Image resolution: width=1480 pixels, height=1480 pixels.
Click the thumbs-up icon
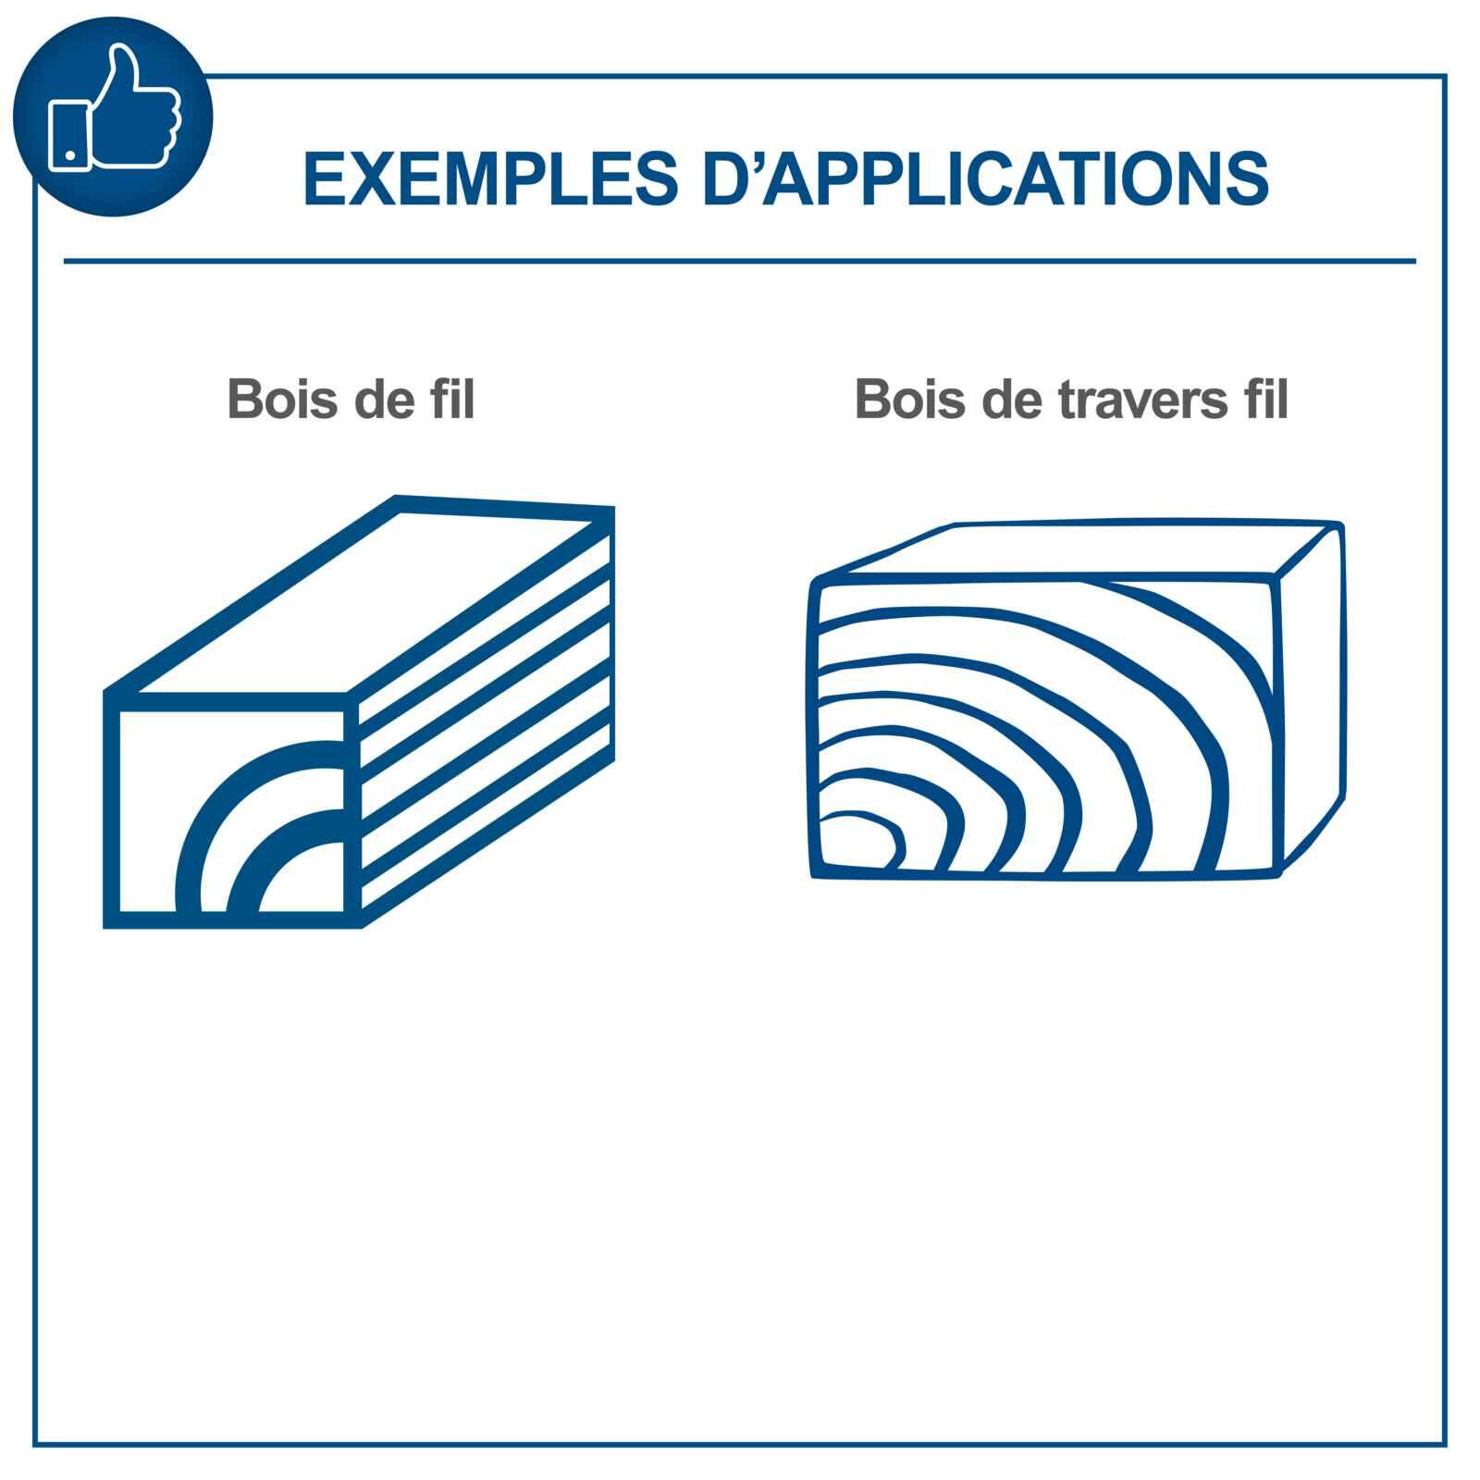113,117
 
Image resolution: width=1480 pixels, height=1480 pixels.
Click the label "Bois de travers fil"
1071,400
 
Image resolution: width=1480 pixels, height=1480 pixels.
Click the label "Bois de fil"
351,400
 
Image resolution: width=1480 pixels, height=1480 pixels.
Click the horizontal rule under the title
739,262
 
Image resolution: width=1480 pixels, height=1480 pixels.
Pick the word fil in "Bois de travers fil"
1264,400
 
